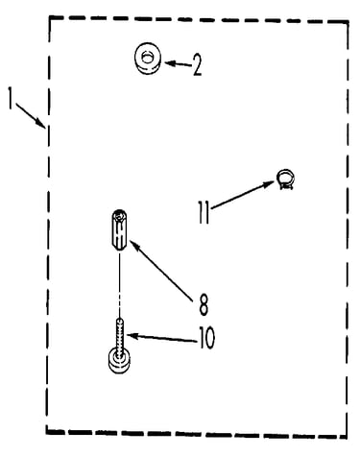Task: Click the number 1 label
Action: [11, 99]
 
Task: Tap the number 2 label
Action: [197, 65]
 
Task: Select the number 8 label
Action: [204, 305]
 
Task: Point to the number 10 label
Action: [206, 338]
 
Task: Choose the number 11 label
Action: [204, 212]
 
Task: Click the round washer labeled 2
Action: [148, 59]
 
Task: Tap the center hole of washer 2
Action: [148, 58]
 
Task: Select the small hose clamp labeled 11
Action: [285, 180]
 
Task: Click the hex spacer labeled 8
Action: [119, 230]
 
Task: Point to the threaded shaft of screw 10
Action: [120, 336]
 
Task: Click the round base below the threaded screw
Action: [119, 361]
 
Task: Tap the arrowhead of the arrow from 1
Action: [42, 124]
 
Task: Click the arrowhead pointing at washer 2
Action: [170, 63]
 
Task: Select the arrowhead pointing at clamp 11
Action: [269, 184]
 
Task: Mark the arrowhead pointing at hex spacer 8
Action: [133, 245]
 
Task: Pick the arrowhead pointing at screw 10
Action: [132, 336]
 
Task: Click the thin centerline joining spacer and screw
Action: [120, 285]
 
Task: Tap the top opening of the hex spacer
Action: [119, 215]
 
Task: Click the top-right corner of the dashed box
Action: [348, 22]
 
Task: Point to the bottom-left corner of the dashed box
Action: [47, 432]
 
